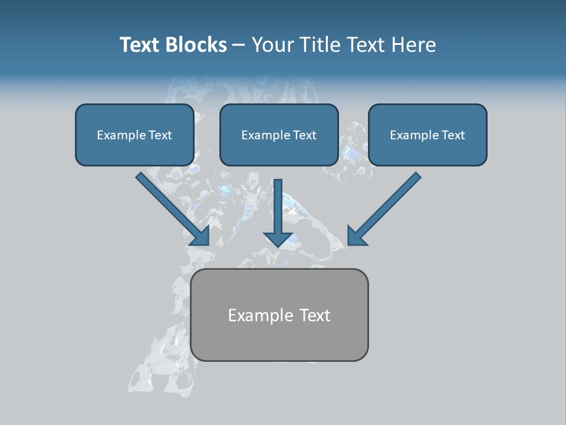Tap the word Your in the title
tap(273, 45)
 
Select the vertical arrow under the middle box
tap(278, 207)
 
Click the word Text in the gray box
tap(315, 316)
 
